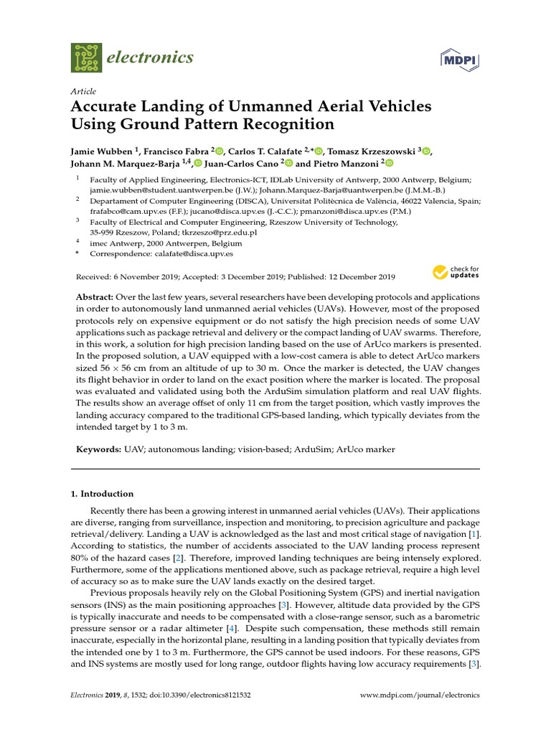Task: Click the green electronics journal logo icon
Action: point(86,57)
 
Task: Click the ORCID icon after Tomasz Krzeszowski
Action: point(426,151)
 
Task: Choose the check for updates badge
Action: point(455,273)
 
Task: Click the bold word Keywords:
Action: point(99,449)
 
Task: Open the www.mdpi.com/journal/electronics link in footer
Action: point(419,696)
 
